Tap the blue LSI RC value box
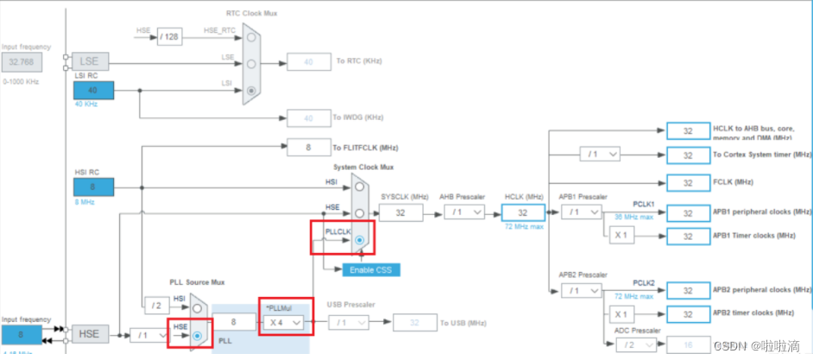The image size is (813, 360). [93, 91]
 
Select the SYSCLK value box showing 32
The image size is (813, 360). [400, 212]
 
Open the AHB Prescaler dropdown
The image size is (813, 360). [464, 212]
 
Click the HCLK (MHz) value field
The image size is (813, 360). [523, 212]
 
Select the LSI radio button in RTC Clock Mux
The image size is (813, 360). [251, 90]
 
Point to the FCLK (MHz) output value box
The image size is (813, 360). [688, 183]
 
